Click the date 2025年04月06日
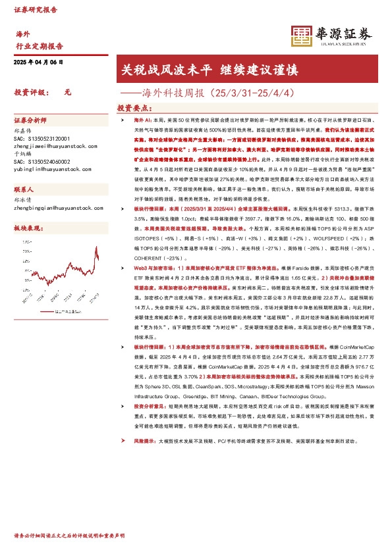coord(38,62)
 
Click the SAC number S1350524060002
coord(41,161)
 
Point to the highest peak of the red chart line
coord(97,250)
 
